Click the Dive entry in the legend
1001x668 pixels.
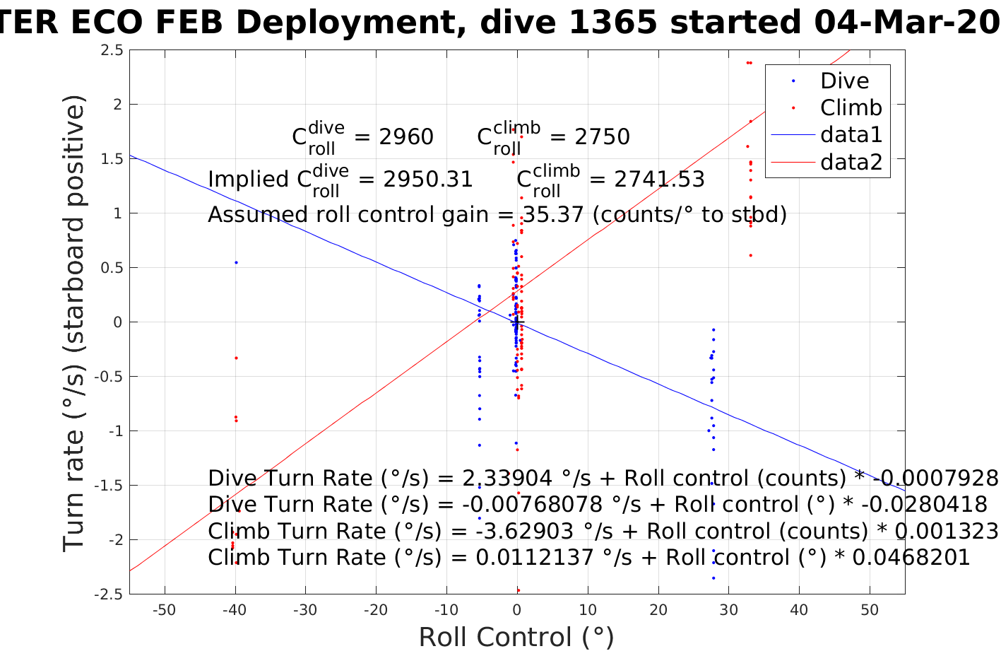(844, 81)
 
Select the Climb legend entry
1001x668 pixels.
(851, 107)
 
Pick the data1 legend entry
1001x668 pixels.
(851, 134)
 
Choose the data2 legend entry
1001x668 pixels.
(851, 162)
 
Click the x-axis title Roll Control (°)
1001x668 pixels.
(516, 638)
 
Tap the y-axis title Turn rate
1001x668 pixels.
(75, 322)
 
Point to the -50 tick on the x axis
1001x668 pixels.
(164, 611)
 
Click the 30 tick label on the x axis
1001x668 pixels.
(728, 611)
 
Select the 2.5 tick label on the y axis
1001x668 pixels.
(112, 50)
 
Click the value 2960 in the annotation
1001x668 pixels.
(406, 136)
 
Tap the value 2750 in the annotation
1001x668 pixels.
(602, 136)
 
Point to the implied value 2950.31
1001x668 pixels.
(428, 180)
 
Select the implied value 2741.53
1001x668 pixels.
(660, 180)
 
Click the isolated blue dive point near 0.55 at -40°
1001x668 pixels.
(236, 262)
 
